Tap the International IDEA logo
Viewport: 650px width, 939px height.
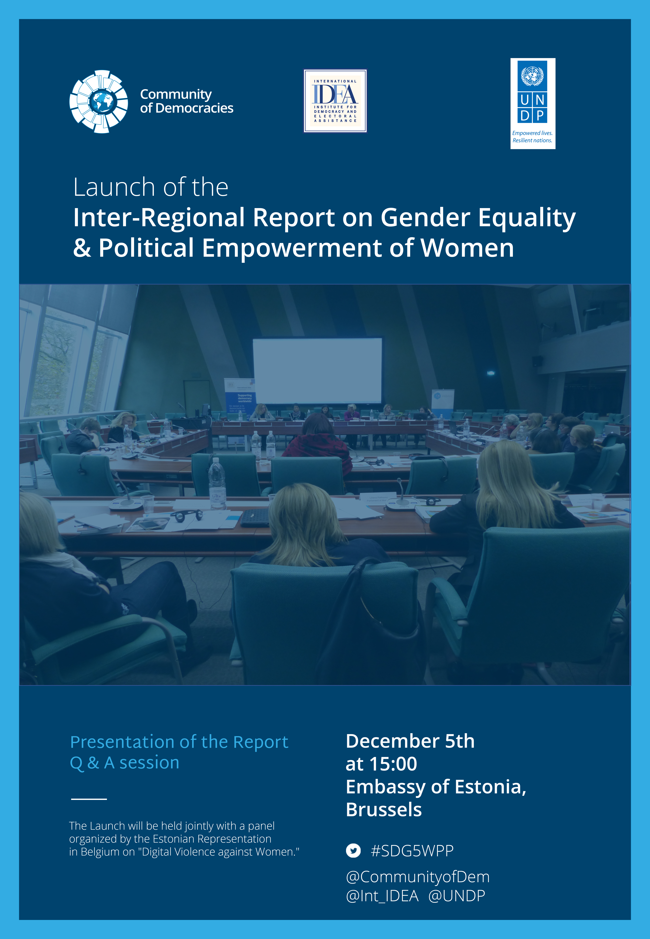coord(335,101)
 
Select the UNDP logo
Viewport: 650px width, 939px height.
coord(533,103)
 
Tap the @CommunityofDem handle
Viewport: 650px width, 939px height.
coord(417,877)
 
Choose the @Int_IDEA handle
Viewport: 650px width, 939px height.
coord(382,896)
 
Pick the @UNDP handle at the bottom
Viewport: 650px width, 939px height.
coord(456,896)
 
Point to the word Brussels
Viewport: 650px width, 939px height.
coord(384,810)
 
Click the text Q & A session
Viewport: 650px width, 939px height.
coord(125,763)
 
